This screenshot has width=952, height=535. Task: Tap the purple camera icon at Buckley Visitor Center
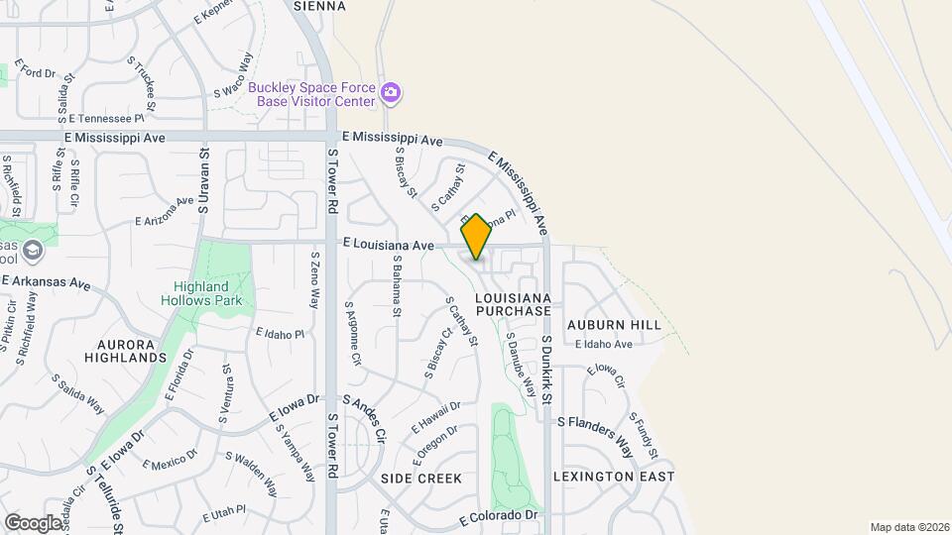391,93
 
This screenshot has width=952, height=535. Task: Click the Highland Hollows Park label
201,293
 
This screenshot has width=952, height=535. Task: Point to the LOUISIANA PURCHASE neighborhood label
513,304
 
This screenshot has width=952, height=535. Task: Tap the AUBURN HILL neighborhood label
614,325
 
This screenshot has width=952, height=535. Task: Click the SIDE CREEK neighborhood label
421,479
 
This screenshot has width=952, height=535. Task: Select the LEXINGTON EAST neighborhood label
614,477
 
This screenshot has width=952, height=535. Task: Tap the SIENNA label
319,6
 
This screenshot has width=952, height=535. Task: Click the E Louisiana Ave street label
389,244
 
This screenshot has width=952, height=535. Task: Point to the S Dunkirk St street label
546,369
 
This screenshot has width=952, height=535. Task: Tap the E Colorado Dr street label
499,517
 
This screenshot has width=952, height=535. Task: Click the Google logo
33,522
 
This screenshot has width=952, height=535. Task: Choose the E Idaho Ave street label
603,345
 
